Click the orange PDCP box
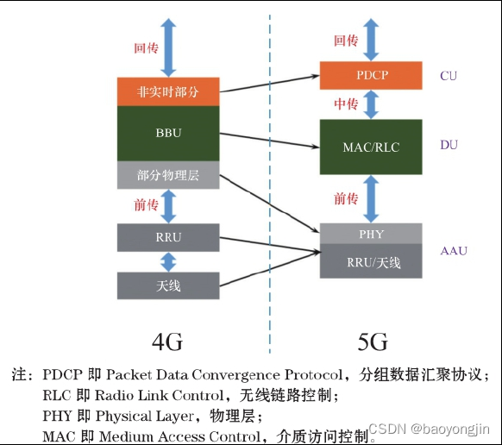pyautogui.click(x=371, y=75)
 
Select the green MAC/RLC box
pyautogui.click(x=371, y=147)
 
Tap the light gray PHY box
pyautogui.click(x=371, y=234)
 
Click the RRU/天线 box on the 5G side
pyautogui.click(x=371, y=261)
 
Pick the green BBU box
pyautogui.click(x=168, y=133)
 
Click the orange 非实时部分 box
pyautogui.click(x=168, y=91)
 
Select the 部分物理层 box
pyautogui.click(x=168, y=175)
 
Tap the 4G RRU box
pyautogui.click(x=168, y=237)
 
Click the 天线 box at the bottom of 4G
pyautogui.click(x=168, y=285)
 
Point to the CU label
pyautogui.click(x=449, y=76)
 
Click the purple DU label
pyautogui.click(x=449, y=145)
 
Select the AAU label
pyautogui.click(x=454, y=250)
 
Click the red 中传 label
pyautogui.click(x=346, y=104)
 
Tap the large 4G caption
pyautogui.click(x=167, y=342)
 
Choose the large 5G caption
pyautogui.click(x=373, y=342)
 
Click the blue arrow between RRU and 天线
pyautogui.click(x=168, y=262)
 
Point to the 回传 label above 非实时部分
pyautogui.click(x=147, y=48)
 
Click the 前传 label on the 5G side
pyautogui.click(x=346, y=199)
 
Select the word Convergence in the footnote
pyautogui.click(x=235, y=374)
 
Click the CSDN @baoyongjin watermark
pyautogui.click(x=429, y=429)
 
